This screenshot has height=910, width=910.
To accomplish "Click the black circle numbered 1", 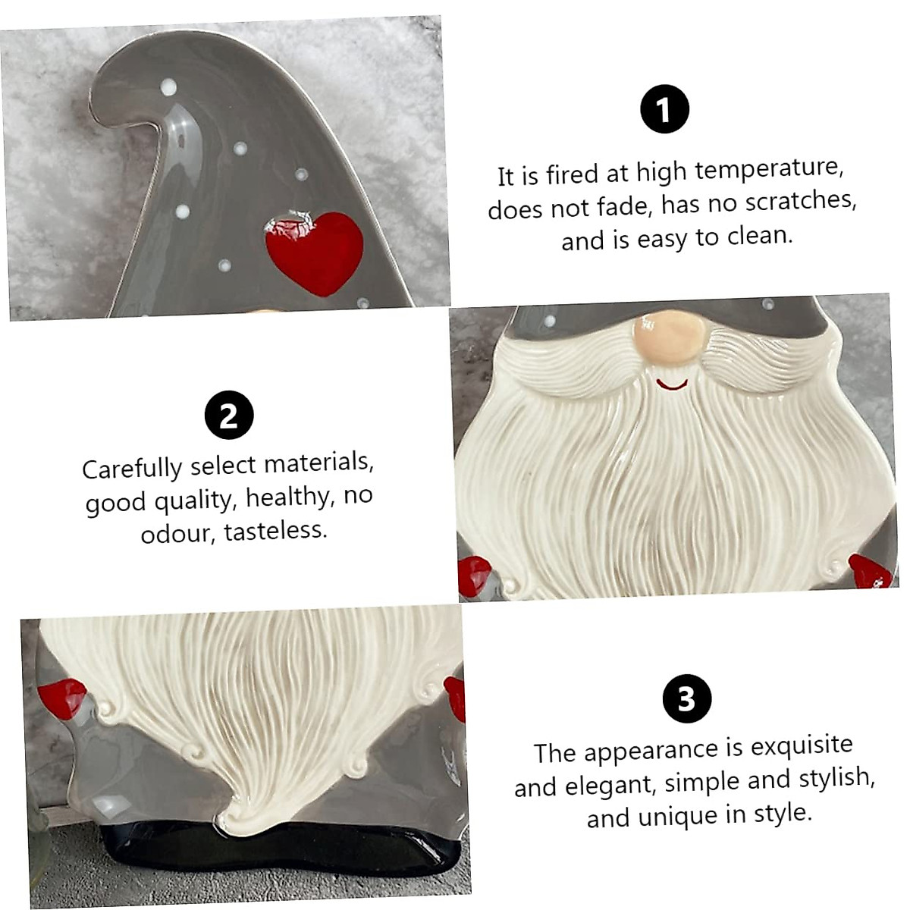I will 664,109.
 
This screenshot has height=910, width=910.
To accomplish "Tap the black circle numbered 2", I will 228,416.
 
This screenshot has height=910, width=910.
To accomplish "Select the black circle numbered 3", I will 686,698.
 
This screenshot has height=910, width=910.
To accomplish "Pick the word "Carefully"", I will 132,469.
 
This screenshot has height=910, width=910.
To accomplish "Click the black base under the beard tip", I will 288,842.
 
